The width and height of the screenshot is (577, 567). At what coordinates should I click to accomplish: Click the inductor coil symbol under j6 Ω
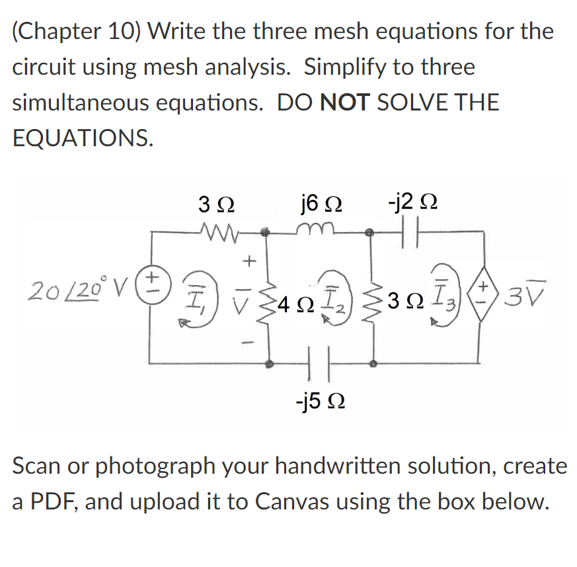(321, 230)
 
